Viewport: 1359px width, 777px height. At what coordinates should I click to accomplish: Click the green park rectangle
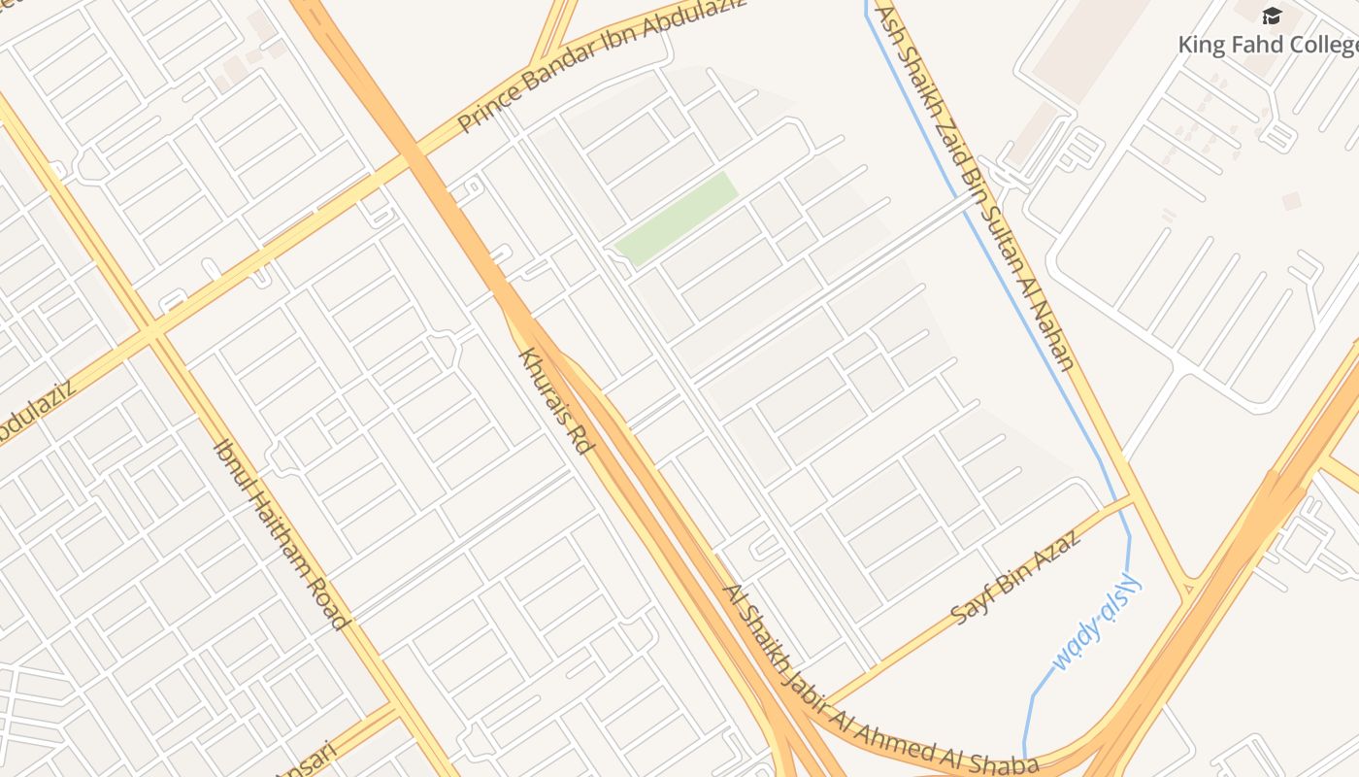677,218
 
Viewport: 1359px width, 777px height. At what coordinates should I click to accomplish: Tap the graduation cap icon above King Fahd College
1272,16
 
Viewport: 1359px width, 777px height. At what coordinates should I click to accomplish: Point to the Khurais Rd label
556,401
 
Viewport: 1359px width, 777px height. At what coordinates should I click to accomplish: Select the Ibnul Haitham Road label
281,535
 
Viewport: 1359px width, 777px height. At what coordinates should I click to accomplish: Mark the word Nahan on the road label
1054,341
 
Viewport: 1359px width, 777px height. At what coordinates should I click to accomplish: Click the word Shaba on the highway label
1011,760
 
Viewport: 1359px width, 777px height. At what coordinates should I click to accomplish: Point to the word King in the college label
1197,45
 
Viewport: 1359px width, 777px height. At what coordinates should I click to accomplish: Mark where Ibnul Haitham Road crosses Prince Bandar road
153,331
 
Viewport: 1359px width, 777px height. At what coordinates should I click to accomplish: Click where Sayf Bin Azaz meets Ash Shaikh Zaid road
1132,499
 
